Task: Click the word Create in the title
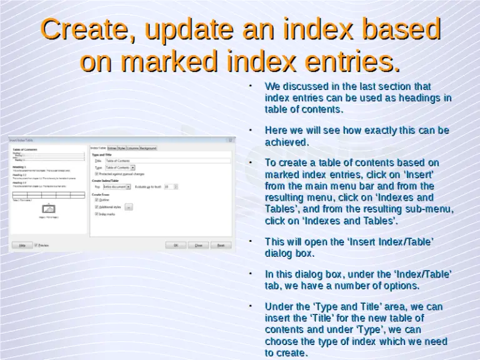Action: [x=82, y=30]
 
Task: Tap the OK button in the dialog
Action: [x=176, y=245]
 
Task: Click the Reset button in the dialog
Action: [x=220, y=245]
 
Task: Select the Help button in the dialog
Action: [x=22, y=245]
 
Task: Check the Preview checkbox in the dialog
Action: [x=36, y=245]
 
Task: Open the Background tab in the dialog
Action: [x=148, y=148]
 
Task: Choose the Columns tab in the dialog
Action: [x=132, y=148]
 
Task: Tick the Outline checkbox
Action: [x=96, y=199]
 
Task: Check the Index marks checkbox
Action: [x=96, y=214]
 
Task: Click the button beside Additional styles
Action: [x=129, y=206]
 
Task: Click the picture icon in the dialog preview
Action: [x=48, y=208]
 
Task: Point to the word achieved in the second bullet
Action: [x=287, y=142]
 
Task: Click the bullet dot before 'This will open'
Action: [x=250, y=239]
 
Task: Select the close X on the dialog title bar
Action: [x=230, y=141]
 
